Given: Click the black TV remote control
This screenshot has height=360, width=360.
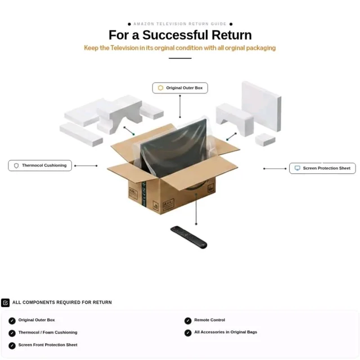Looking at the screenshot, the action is coord(189,237).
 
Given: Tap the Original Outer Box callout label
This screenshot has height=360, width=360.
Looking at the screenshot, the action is coord(180,88).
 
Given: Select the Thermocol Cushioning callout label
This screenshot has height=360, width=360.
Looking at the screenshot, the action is coord(40,165).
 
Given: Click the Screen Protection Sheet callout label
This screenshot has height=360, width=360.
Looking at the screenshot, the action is coord(322,168).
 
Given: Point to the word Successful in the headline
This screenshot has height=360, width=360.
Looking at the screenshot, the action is coord(175,35).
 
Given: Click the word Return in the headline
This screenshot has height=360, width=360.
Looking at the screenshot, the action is coord(232,35).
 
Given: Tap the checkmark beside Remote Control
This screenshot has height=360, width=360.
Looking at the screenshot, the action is coord(188,321).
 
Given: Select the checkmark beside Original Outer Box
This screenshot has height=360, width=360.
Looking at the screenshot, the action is coord(12,321).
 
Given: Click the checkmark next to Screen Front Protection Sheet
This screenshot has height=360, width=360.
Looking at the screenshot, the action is coord(12,345).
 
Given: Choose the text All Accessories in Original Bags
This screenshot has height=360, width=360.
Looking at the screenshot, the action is coord(226,332).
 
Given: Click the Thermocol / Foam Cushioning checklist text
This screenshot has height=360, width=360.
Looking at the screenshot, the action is coord(48,332).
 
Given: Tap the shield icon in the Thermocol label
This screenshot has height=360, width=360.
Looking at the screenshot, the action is coord(16,165).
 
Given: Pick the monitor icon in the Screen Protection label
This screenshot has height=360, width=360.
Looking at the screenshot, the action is coord(298,168).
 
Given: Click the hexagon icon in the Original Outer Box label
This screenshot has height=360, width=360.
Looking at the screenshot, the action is coord(160,88).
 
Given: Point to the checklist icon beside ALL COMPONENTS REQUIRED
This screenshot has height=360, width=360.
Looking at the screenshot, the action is coord(5,303).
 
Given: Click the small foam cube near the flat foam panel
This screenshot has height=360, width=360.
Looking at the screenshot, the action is coord(265,139).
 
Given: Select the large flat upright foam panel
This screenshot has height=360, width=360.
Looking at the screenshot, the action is coord(262,106).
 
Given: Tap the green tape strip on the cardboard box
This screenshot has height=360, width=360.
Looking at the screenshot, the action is coord(144,193).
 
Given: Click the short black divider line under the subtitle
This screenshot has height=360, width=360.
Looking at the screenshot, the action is coord(180,58).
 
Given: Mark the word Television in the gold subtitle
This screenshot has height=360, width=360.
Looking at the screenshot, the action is coord(124,48).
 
